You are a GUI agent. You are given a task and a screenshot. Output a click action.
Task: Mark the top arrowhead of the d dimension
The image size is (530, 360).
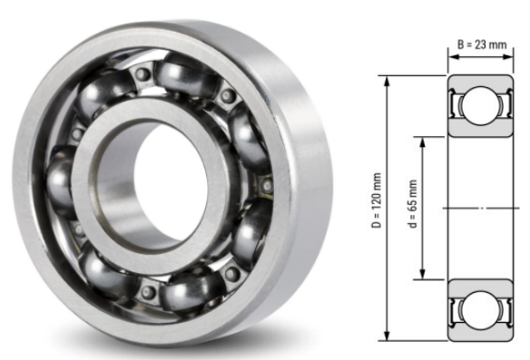point(422,140)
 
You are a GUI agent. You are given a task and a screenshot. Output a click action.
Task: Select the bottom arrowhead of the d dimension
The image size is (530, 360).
point(422,277)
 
